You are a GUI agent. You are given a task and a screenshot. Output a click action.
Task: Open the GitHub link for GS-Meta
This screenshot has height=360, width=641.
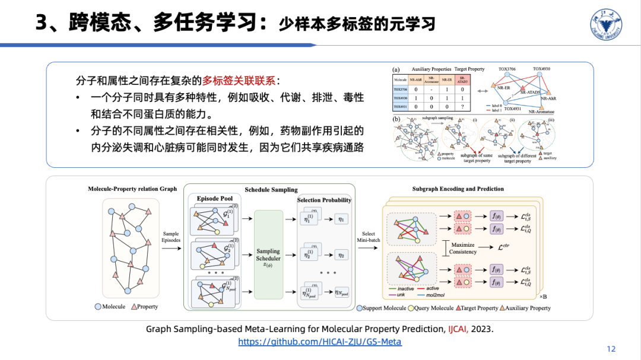[x=320, y=342]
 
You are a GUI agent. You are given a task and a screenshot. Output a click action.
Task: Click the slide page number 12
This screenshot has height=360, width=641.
[x=611, y=349]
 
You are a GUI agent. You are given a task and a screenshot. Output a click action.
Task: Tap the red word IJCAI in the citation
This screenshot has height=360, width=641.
[x=458, y=329]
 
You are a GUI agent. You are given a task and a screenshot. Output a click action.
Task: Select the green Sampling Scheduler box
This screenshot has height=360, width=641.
[x=268, y=254]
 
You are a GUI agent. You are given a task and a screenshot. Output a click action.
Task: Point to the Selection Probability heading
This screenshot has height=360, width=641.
[x=324, y=200]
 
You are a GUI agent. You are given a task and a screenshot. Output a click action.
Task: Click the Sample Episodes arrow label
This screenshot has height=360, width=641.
[x=170, y=238]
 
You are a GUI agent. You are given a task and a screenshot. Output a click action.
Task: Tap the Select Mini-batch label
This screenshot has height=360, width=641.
[x=369, y=237]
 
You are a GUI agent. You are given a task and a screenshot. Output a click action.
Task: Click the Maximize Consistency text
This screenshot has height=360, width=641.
[x=463, y=248]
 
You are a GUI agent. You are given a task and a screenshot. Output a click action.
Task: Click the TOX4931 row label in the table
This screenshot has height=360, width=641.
[x=401, y=107]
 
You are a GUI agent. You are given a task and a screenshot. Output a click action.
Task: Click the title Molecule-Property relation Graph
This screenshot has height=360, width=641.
[x=132, y=189]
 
